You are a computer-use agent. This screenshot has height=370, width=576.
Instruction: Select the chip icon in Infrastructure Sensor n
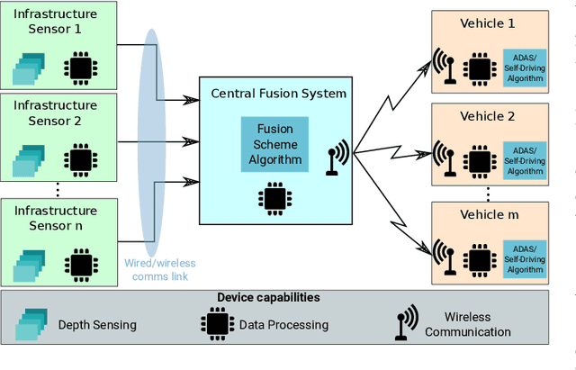(x=82, y=263)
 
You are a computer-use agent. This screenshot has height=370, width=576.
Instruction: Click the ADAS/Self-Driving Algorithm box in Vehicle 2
(x=524, y=159)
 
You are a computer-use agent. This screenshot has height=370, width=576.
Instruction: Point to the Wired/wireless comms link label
(x=158, y=269)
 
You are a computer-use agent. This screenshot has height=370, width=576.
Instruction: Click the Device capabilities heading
(x=268, y=297)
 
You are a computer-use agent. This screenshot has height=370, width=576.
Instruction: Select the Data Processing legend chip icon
(x=216, y=324)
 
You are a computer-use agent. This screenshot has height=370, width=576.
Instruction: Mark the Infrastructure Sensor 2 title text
(x=55, y=112)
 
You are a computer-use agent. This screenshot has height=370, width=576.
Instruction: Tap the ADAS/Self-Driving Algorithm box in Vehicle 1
(x=524, y=66)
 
